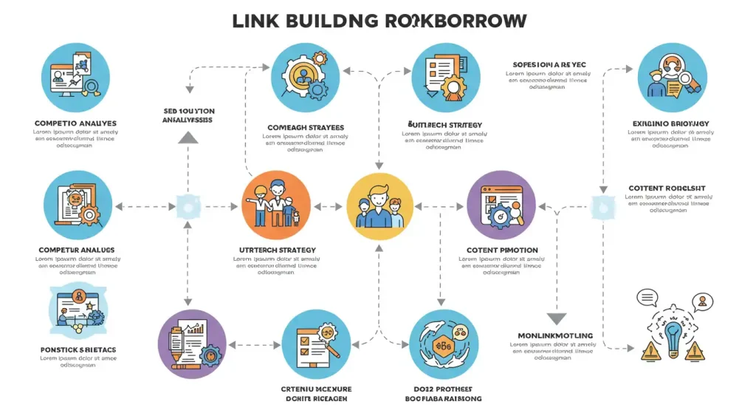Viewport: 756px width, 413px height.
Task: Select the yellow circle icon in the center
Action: (x=379, y=206)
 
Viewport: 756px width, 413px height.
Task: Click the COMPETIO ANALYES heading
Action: (x=75, y=123)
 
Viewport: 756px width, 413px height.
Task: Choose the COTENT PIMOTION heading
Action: (x=502, y=250)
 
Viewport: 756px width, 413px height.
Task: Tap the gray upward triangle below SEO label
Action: (x=188, y=136)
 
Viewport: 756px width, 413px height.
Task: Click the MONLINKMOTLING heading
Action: (x=556, y=336)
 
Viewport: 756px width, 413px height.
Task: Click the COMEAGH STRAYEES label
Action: (x=305, y=128)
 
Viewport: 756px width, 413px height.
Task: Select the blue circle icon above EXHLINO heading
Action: (x=671, y=77)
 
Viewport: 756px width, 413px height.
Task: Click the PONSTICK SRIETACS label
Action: (x=78, y=349)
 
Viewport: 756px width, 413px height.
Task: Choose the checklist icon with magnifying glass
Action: (x=316, y=344)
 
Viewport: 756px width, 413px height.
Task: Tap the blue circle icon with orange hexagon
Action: (x=444, y=344)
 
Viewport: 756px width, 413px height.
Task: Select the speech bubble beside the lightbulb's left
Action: (x=647, y=298)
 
